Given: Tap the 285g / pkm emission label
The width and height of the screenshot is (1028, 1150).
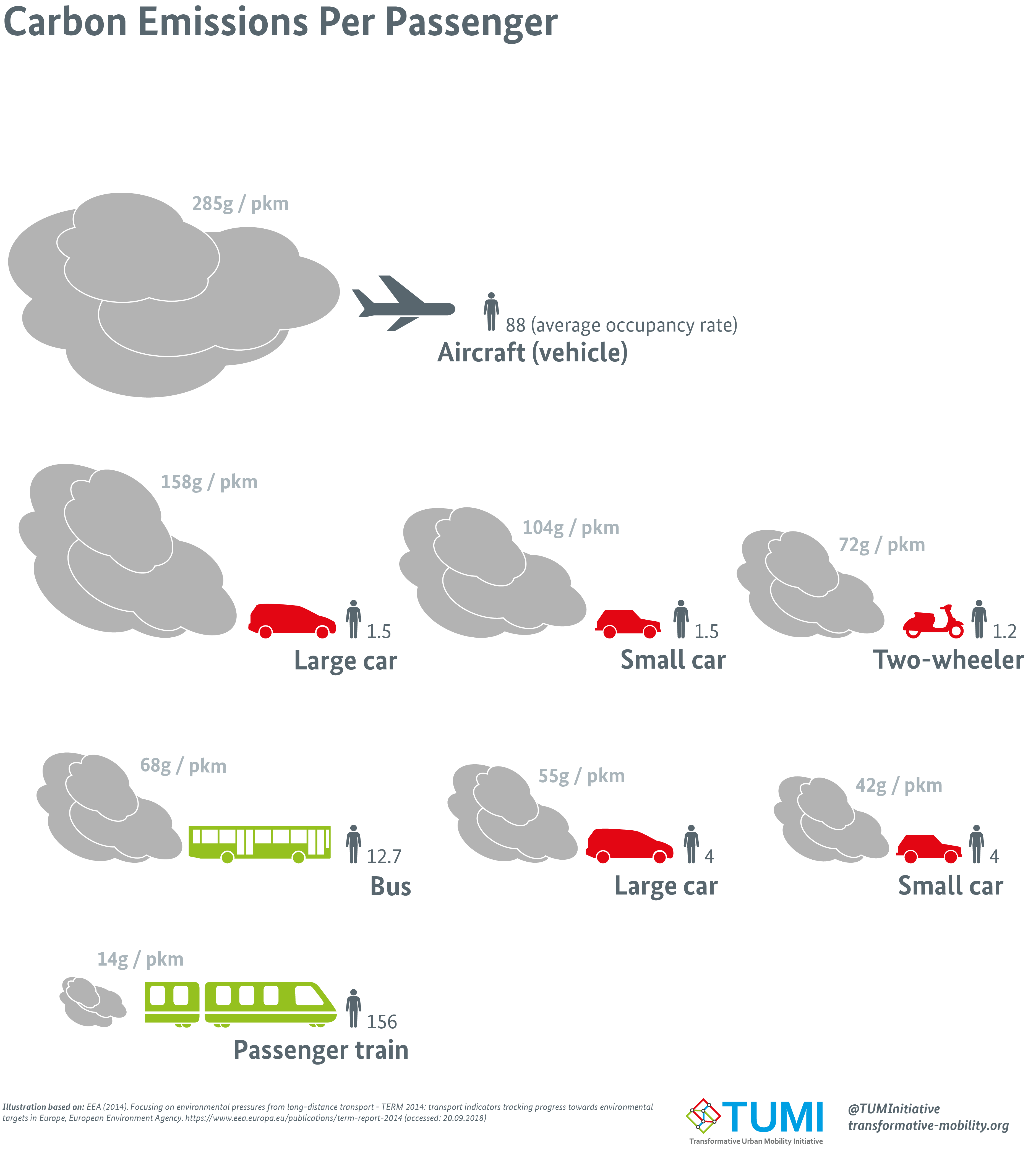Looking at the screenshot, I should (240, 203).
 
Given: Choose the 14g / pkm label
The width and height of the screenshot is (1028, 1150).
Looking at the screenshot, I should (140, 959).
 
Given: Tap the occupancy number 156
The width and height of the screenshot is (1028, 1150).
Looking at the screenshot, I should (382, 1022).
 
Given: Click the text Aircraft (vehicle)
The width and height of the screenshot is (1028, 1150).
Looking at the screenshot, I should (532, 353).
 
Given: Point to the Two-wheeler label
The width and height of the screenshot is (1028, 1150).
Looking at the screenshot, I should (948, 660).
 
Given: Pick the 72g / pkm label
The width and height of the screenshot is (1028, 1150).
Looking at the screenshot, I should (882, 545).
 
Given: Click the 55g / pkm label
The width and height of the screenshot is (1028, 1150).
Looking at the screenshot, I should (581, 776).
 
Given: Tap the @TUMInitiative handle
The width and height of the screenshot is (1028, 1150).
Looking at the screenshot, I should (894, 1109).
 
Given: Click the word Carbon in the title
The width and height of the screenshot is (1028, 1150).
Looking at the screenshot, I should (65, 23).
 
